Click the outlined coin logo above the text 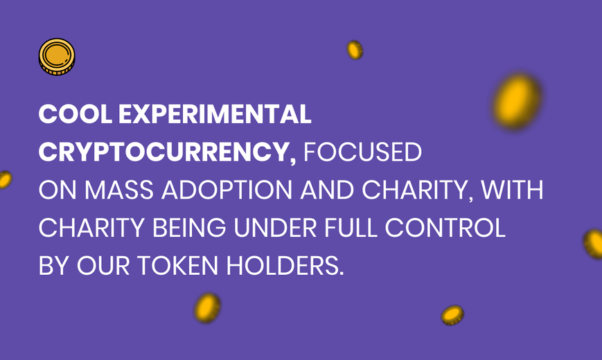57,57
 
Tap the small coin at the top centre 355,50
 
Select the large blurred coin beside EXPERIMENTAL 517,101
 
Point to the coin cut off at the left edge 6,179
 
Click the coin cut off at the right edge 594,244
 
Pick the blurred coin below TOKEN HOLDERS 207,308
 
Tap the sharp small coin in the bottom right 452,315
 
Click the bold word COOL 76,114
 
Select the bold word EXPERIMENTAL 215,114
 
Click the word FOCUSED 363,152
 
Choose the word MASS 119,190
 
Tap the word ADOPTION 227,190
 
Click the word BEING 189,228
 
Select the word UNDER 275,228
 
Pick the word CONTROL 445,228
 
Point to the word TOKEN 178,266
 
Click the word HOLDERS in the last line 285,266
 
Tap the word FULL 351,228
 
